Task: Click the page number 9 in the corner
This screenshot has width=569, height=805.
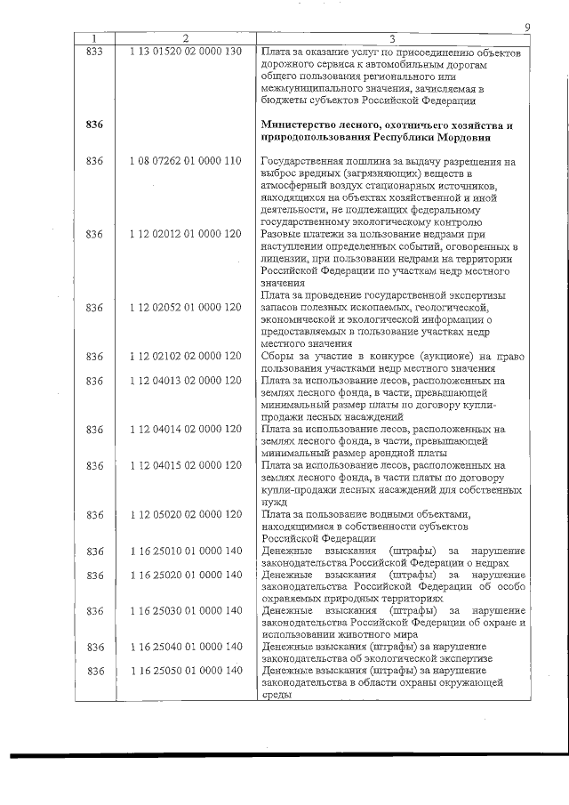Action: (x=527, y=28)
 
